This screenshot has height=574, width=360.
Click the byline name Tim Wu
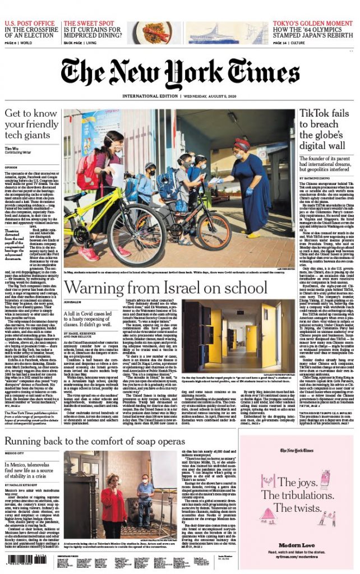13,148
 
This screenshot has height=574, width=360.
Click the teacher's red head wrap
242,144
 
